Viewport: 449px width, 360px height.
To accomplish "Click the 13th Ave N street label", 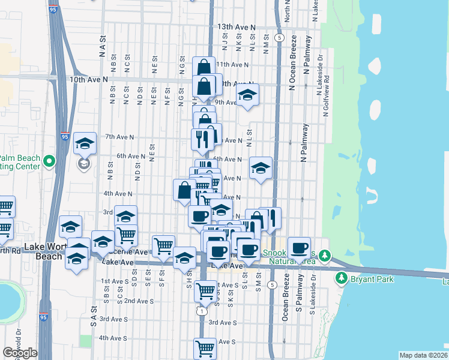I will [x=237, y=28].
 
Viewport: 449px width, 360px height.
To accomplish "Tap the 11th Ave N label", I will [x=232, y=64].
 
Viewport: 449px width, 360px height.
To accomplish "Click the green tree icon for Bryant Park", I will [x=341, y=278].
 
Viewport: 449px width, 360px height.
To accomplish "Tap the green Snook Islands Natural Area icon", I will [x=325, y=256].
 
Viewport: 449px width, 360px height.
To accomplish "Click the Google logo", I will [x=20, y=353].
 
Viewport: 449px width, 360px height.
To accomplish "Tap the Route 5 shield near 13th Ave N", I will [x=280, y=37].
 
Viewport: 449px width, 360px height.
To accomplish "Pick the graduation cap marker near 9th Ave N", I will [x=247, y=95].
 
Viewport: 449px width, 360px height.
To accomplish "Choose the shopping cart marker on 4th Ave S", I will [x=205, y=347].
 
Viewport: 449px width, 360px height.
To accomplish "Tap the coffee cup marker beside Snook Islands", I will [x=298, y=247].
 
